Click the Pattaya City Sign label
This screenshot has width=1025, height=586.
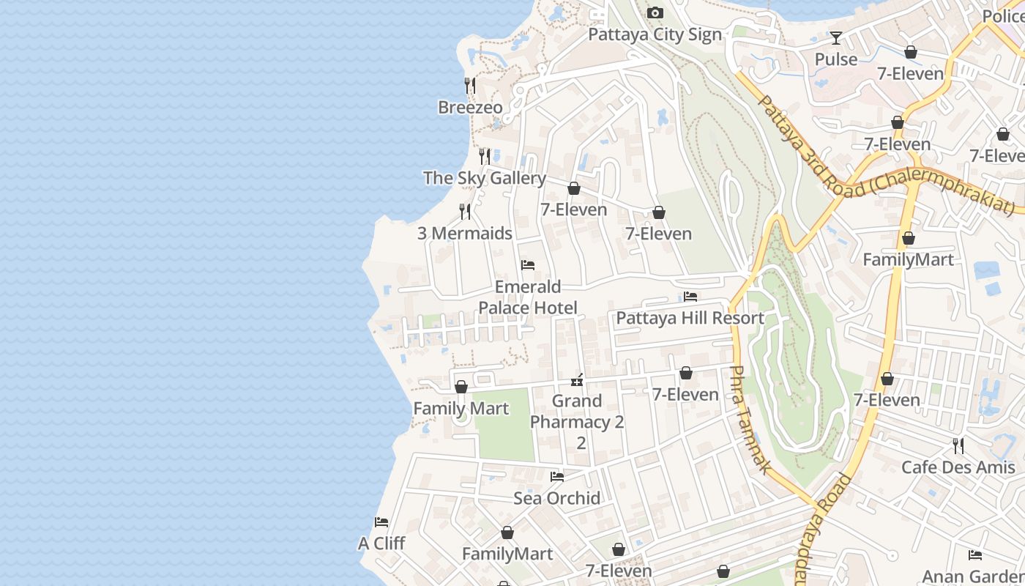[655, 34]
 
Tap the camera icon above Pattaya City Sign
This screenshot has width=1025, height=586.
[655, 12]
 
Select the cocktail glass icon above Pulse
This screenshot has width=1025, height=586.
[835, 37]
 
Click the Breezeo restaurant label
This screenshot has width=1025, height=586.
[470, 108]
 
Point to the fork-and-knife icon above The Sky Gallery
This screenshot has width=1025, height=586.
[484, 156]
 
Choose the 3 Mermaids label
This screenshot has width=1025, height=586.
[464, 234]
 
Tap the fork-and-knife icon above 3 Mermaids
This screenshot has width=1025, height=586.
[464, 212]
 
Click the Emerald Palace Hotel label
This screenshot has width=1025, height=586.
[527, 297]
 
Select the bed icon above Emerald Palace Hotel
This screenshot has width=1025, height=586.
[527, 265]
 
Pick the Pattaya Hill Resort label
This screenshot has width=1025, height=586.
[690, 318]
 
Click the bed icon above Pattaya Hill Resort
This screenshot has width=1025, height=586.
[690, 297]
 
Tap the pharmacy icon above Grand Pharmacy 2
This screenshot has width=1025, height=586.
[577, 379]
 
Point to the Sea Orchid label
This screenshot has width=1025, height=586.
[556, 498]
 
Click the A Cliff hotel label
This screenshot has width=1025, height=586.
[381, 544]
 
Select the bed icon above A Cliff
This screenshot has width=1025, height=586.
[381, 522]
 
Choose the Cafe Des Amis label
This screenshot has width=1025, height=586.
[958, 467]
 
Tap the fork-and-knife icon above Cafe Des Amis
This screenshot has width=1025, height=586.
[958, 445]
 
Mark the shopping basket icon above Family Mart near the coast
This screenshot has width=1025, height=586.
[461, 387]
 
